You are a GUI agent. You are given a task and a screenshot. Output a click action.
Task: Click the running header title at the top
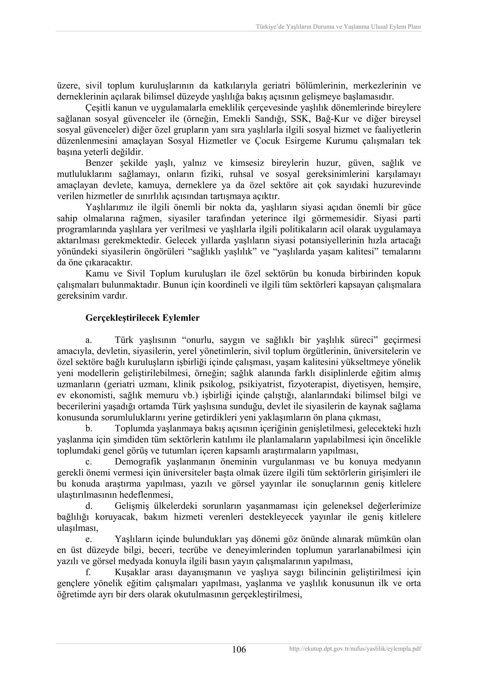(338, 27)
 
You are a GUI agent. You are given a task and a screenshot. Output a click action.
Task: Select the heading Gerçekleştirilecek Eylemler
(142, 318)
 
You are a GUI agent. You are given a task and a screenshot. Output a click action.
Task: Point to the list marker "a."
(89, 340)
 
